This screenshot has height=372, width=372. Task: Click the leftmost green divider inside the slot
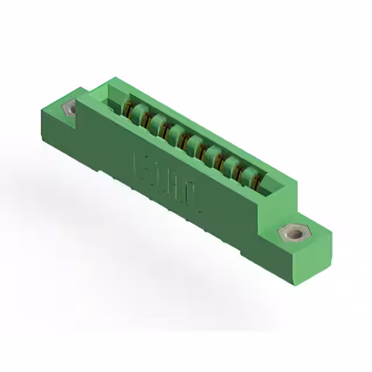point(137,112)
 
